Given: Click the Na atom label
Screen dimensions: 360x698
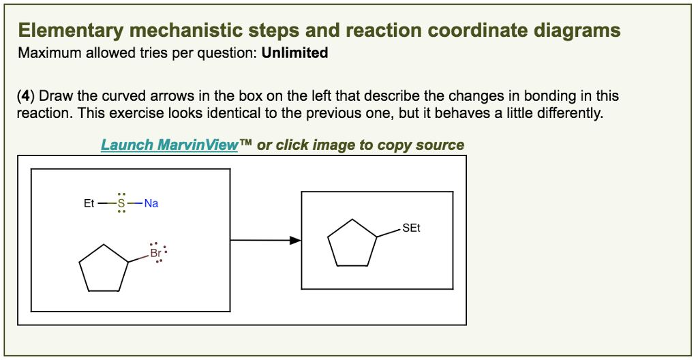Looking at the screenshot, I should click(x=151, y=203).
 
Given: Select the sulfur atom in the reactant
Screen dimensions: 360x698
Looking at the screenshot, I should click(x=121, y=203).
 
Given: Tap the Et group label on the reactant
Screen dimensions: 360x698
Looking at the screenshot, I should click(x=89, y=203).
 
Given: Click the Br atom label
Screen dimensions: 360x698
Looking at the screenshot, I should click(x=155, y=253).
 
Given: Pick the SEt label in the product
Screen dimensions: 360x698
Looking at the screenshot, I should click(x=411, y=228).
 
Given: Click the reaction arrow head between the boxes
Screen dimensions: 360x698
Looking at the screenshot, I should click(x=294, y=240).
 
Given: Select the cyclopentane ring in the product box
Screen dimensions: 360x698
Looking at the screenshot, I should click(x=352, y=243).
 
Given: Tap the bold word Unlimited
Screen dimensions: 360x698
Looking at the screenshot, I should click(x=294, y=52).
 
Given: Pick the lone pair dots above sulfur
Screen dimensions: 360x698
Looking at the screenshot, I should click(x=121, y=194).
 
